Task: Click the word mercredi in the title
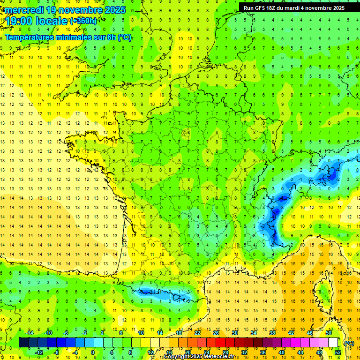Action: (x=25, y=10)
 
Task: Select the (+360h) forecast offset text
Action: (x=83, y=21)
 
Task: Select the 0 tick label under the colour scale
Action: (x=92, y=352)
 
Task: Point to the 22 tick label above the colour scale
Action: (x=197, y=333)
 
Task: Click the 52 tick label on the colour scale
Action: (x=337, y=352)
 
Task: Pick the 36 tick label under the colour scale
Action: (x=263, y=352)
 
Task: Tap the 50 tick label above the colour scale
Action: (x=328, y=333)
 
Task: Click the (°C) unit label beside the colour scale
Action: (x=349, y=343)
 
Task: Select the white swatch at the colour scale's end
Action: (x=333, y=343)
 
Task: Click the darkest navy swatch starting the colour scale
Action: (x=23, y=343)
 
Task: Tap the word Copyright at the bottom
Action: (x=177, y=357)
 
